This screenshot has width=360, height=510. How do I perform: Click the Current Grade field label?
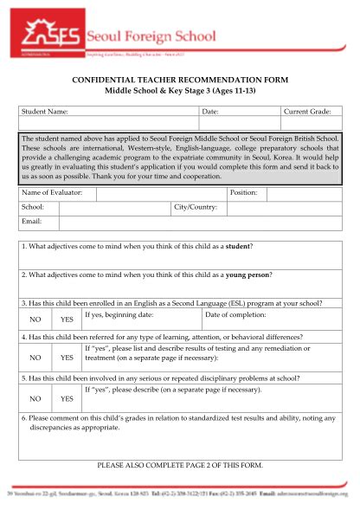tap(312, 112)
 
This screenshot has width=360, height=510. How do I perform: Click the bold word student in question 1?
tap(238, 247)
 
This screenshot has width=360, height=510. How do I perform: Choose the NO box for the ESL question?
tap(35, 320)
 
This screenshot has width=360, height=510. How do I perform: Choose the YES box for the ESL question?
tap(67, 320)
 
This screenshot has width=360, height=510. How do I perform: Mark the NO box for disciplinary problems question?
tap(35, 398)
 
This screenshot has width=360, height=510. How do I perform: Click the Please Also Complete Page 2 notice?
tap(180, 465)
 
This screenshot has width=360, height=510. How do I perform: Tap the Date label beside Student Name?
tap(209, 112)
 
